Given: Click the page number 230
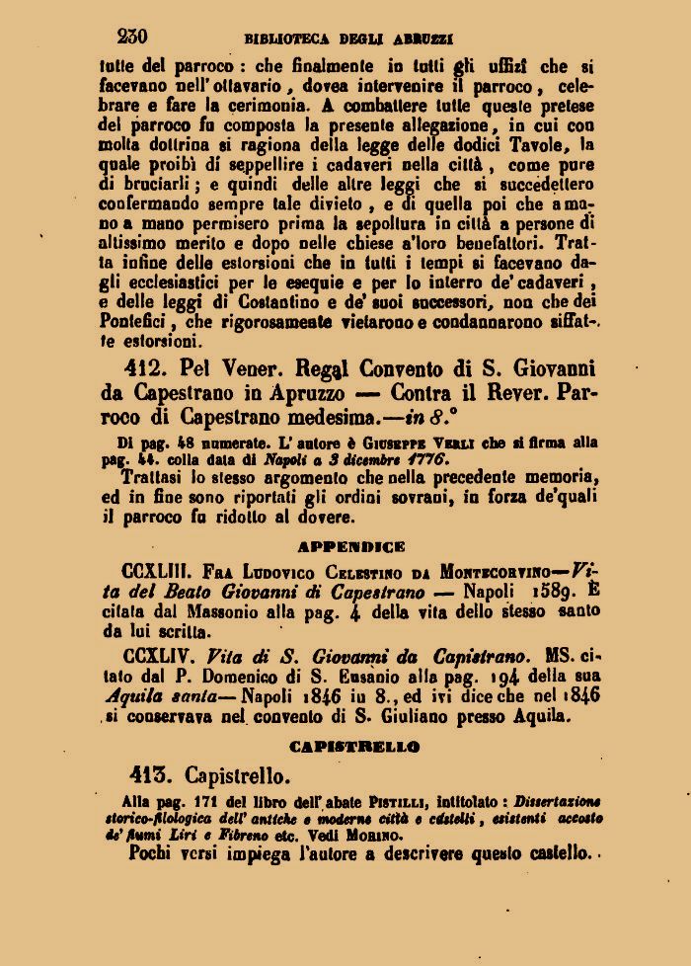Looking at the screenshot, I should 131,37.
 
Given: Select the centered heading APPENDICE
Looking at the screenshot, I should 350,545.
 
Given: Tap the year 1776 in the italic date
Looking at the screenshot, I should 427,460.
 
